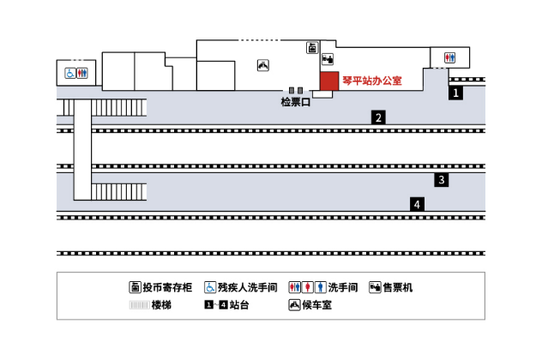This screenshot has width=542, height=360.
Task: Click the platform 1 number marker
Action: point(455,93)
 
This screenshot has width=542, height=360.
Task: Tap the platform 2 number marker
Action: point(378,117)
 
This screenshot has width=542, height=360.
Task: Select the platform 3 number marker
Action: point(442,180)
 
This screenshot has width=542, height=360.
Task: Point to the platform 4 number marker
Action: point(417,204)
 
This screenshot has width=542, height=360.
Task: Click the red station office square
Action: point(329,81)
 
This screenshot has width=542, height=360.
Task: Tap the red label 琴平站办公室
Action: point(372,81)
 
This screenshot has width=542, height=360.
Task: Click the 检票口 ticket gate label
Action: point(296,102)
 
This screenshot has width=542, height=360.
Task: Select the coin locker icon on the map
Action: point(312,48)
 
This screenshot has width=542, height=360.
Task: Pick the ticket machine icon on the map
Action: point(328,59)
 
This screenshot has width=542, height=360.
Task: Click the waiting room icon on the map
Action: point(263,65)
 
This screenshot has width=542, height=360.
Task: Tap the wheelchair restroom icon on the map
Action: point(70,73)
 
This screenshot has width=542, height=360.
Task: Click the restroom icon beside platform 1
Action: point(449,57)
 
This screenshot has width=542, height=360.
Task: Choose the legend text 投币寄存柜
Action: point(167,287)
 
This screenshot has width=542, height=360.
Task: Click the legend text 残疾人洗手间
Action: point(248,287)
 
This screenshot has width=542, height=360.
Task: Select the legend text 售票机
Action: point(398,287)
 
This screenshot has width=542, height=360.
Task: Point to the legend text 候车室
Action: point(317,305)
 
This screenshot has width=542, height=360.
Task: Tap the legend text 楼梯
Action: point(161,305)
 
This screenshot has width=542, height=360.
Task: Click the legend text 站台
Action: point(239,305)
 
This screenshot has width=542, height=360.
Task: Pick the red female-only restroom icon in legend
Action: point(307,287)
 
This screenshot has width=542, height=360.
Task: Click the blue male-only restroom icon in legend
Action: point(321,287)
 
